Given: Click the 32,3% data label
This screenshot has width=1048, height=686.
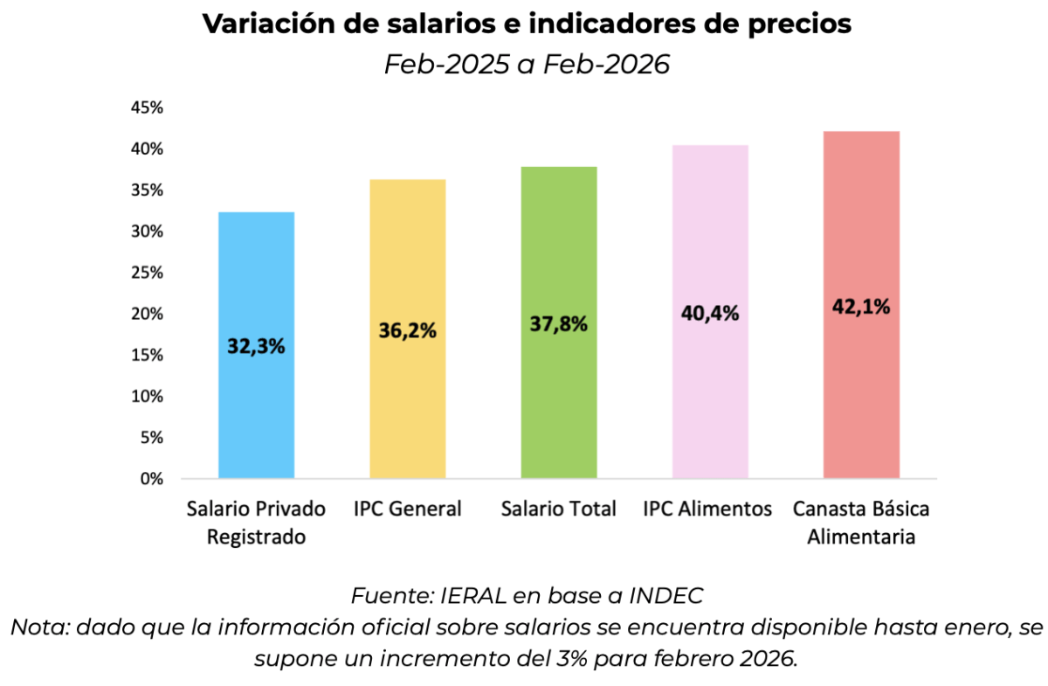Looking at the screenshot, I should (x=256, y=345).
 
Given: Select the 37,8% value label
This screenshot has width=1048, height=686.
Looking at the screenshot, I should (x=559, y=323).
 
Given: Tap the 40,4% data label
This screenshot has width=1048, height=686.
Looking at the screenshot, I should (x=710, y=313).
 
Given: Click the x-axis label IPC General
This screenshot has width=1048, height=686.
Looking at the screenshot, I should (x=407, y=509).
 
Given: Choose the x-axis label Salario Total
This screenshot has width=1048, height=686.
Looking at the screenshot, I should (x=559, y=509).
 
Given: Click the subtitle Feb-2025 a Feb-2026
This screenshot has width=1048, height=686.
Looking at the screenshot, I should (x=527, y=65).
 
